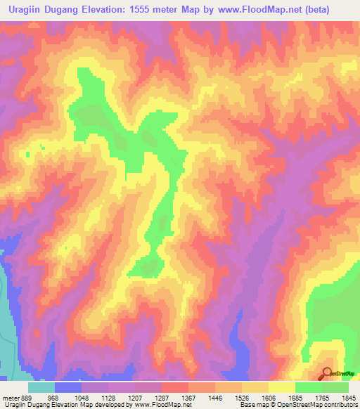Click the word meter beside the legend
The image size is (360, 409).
(11, 397)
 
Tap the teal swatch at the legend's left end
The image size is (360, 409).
(41, 387)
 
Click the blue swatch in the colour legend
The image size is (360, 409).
(68, 387)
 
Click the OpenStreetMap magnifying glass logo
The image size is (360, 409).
(328, 373)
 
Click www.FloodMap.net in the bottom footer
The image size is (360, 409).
(162, 405)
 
